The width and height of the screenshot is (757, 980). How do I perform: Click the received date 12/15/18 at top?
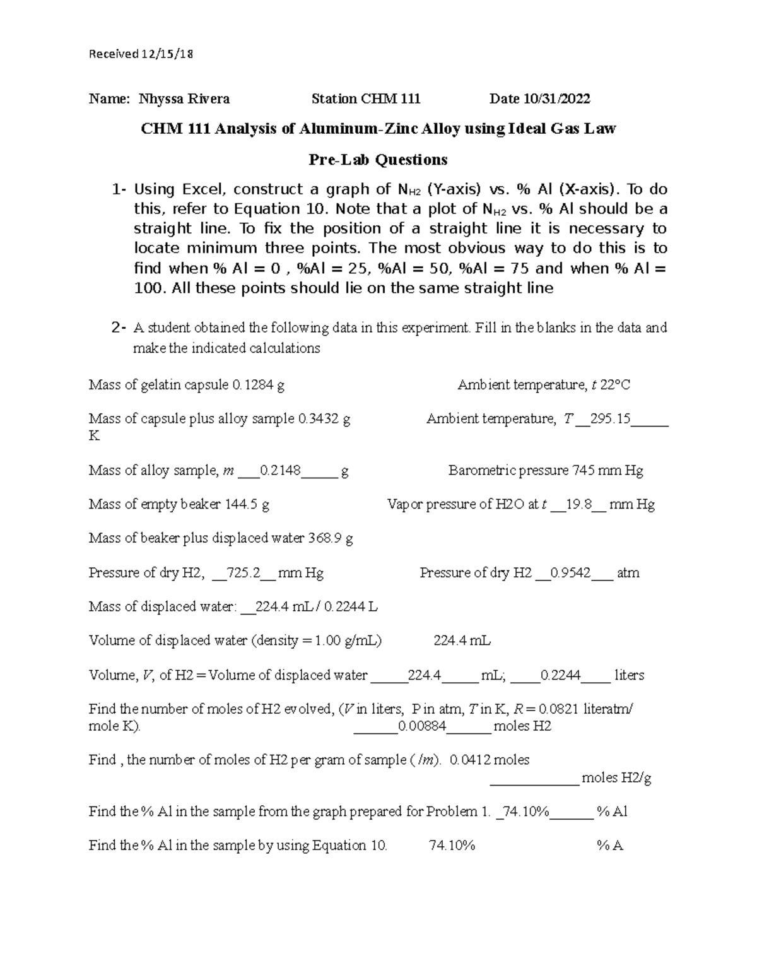(167, 54)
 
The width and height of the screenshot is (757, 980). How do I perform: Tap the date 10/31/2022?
(557, 98)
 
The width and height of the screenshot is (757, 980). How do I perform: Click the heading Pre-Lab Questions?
(378, 160)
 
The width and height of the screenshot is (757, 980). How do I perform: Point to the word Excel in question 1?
(202, 189)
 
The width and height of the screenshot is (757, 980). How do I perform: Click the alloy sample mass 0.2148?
(280, 471)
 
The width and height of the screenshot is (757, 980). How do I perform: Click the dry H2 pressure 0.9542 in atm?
(570, 573)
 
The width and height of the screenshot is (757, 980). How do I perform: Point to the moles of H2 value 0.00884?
(421, 726)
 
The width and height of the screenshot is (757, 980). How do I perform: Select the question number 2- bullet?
(118, 328)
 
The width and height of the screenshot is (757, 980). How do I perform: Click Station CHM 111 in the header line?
(366, 98)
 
